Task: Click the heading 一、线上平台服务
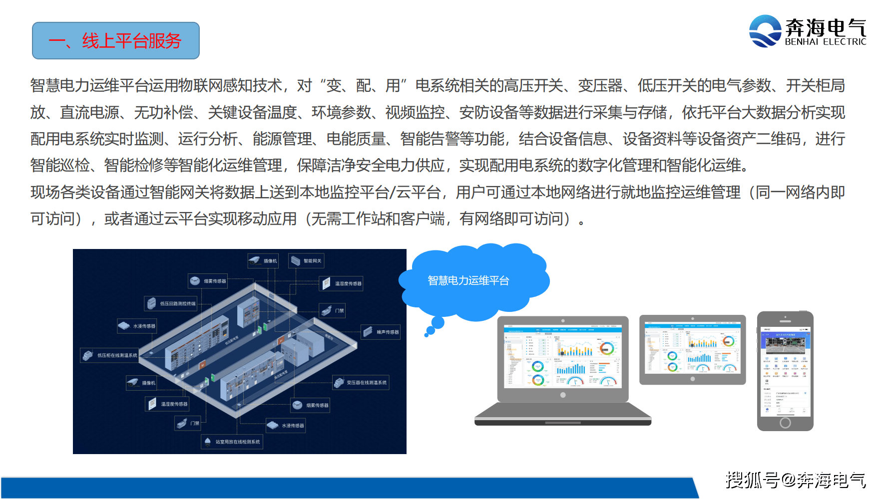click(115, 41)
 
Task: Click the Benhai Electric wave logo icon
click(765, 31)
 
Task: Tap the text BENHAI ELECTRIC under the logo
click(825, 42)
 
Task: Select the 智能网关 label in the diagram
click(307, 260)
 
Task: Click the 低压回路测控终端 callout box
click(171, 303)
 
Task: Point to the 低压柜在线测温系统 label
click(110, 355)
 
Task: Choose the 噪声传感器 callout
click(381, 332)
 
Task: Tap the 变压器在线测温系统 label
click(361, 383)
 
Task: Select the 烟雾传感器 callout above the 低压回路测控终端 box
click(208, 281)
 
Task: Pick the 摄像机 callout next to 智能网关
click(263, 260)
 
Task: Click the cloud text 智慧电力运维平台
click(468, 281)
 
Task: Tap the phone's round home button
click(785, 423)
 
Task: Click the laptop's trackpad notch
click(563, 423)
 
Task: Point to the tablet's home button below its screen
click(692, 379)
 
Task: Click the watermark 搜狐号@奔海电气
click(795, 480)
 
